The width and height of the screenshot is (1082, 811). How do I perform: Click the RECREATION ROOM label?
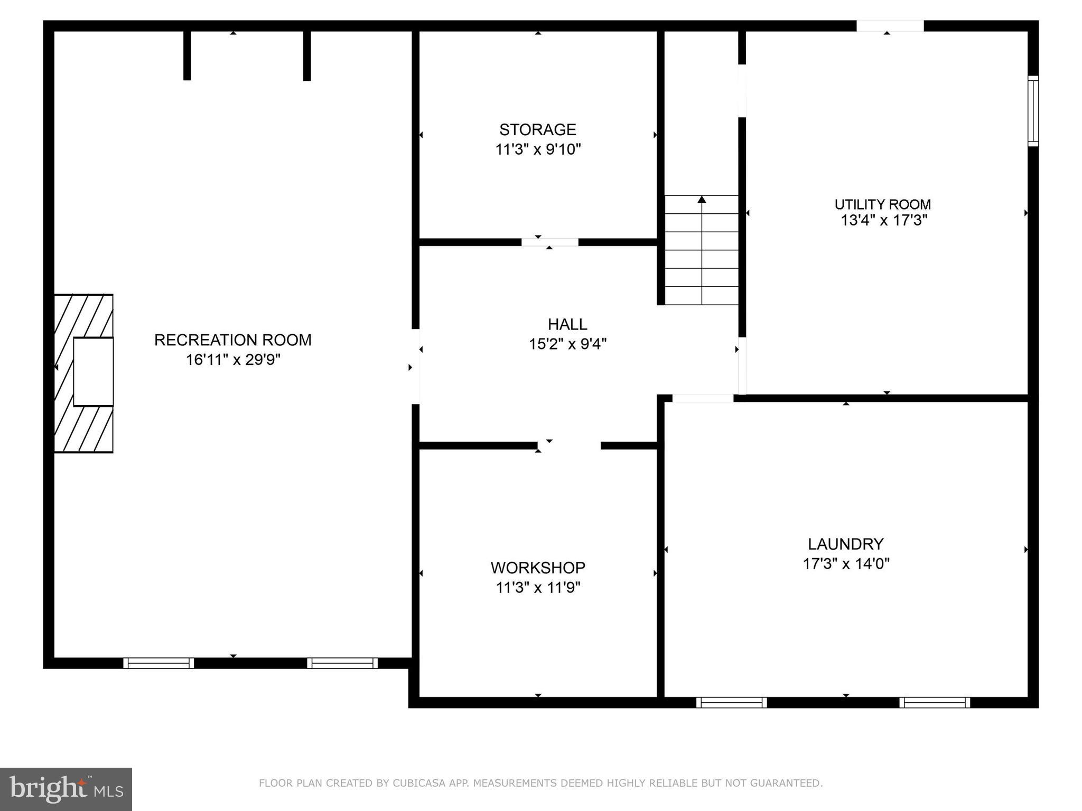(232, 340)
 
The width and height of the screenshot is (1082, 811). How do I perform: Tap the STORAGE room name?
(537, 129)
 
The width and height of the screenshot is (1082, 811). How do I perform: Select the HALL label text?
(567, 324)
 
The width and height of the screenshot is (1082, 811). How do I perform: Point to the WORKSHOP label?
(537, 568)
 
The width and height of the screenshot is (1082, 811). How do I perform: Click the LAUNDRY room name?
(845, 544)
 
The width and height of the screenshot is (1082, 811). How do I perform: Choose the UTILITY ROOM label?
(882, 204)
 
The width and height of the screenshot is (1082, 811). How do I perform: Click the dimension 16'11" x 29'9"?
(232, 360)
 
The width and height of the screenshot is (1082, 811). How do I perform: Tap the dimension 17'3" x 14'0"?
(846, 564)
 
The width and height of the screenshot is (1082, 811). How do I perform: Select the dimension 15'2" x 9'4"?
(567, 344)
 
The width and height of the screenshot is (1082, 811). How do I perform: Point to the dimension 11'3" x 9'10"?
(537, 149)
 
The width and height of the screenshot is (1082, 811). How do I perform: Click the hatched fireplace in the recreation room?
(84, 373)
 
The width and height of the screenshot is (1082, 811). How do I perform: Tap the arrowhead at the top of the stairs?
(702, 200)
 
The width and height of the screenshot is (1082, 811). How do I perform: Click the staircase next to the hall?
(702, 250)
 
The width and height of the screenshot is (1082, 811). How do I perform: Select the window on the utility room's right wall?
(1033, 111)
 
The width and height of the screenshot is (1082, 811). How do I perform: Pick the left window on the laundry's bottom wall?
(731, 702)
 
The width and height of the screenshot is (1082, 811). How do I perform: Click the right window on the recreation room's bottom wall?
(342, 663)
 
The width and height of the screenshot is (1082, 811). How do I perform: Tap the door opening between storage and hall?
(549, 242)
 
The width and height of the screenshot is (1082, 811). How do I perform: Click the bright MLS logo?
(66, 789)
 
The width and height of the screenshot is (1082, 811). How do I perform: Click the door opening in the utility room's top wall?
(890, 26)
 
